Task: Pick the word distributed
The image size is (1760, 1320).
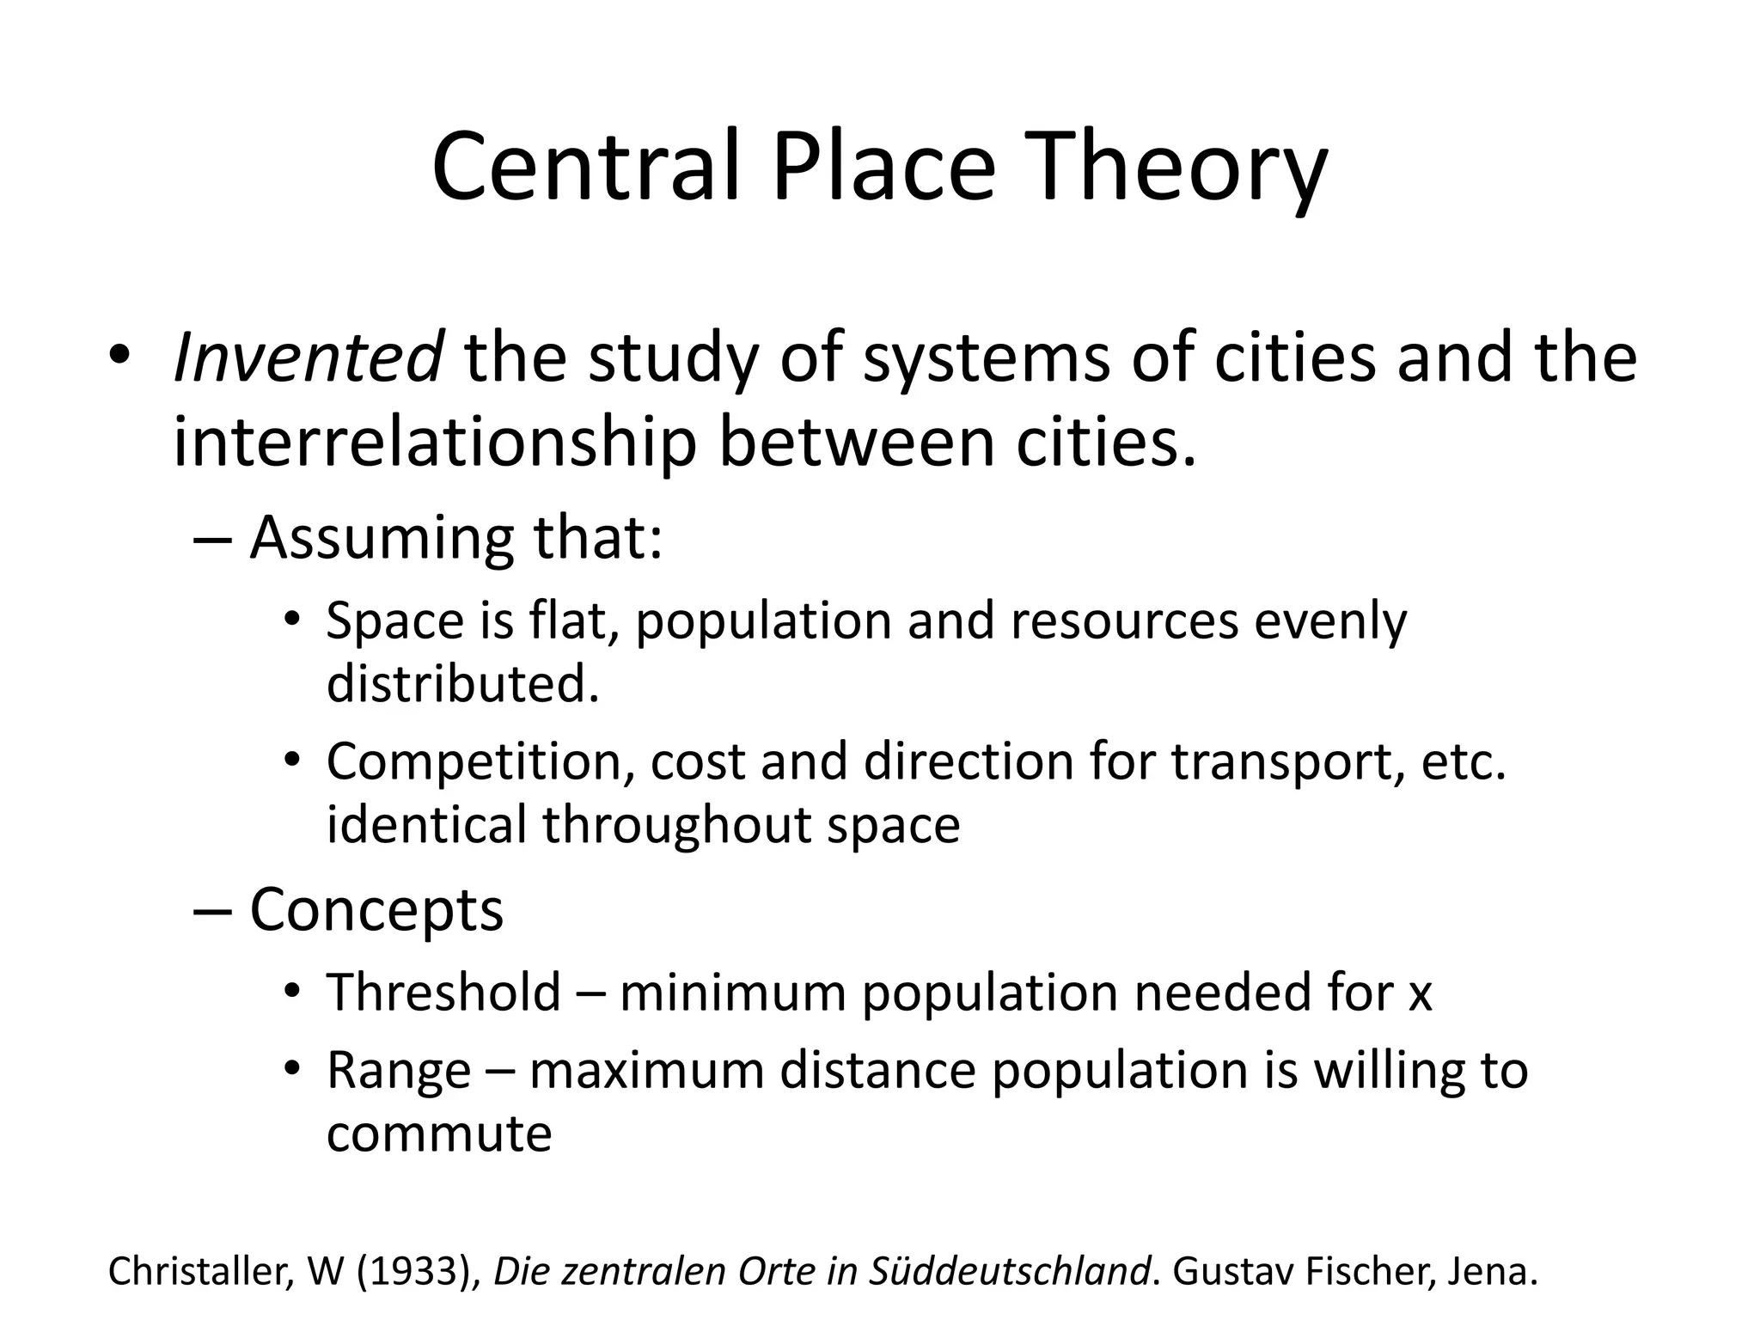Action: (462, 684)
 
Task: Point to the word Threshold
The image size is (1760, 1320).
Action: (443, 992)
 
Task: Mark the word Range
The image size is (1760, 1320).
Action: (399, 1072)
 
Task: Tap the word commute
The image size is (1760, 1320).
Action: (439, 1134)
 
